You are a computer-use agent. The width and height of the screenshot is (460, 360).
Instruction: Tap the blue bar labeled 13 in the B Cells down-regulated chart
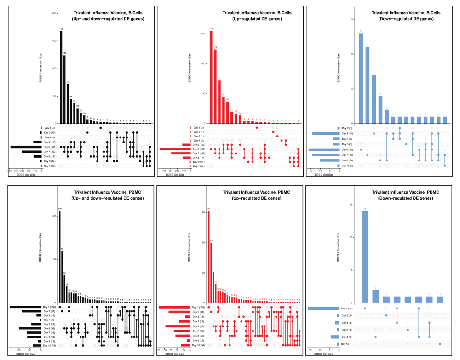(361, 78)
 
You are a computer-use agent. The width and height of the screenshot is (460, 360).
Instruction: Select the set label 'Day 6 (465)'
(199, 149)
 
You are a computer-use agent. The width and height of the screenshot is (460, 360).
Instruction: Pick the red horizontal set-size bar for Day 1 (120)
(175, 307)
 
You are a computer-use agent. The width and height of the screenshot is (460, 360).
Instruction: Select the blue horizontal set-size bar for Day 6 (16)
(324, 149)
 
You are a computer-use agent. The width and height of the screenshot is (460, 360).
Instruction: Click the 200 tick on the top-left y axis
(54, 14)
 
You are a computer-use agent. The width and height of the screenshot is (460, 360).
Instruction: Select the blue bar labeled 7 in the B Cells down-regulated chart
(374, 99)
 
